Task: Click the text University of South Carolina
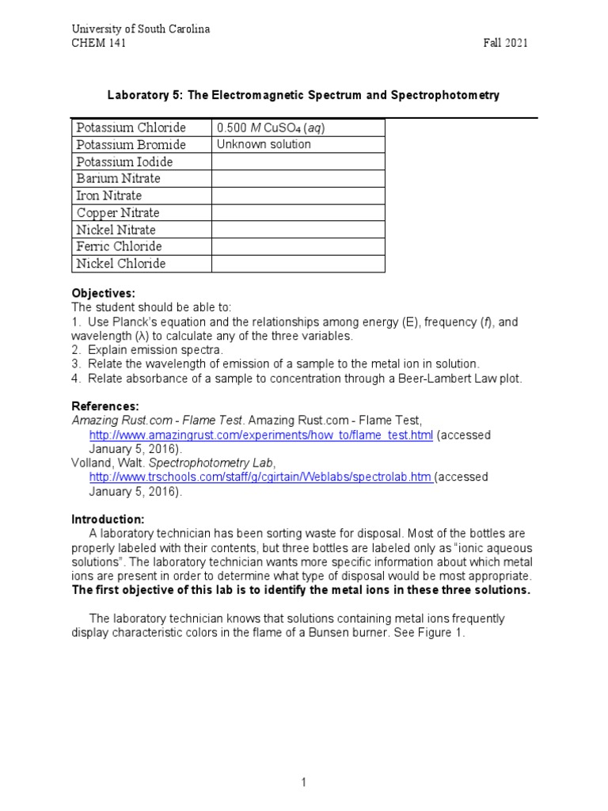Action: point(141,29)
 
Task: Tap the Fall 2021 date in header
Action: point(506,43)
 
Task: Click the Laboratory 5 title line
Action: point(303,95)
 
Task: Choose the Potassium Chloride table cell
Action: point(130,128)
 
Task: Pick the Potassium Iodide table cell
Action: point(123,162)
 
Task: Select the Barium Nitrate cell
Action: point(118,178)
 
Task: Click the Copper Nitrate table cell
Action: point(118,212)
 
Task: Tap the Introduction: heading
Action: point(108,519)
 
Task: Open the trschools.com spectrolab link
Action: point(261,478)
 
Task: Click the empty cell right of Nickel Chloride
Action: point(298,264)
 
